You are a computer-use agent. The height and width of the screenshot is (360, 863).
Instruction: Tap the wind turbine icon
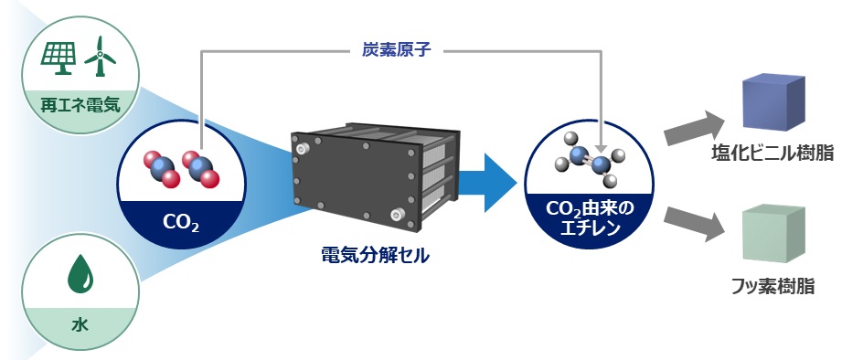pyautogui.click(x=99, y=56)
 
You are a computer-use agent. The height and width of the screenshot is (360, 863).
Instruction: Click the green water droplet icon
pyautogui.click(x=80, y=272)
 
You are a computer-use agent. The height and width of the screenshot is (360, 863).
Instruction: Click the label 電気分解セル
pyautogui.click(x=376, y=256)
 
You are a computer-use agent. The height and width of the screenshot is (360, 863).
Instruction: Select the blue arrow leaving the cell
pyautogui.click(x=487, y=182)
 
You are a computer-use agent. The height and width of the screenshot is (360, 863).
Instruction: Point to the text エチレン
pyautogui.click(x=590, y=228)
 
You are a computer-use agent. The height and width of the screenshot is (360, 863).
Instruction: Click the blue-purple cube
pyautogui.click(x=773, y=103)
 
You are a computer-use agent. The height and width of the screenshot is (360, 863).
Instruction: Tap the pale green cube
pyautogui.click(x=773, y=234)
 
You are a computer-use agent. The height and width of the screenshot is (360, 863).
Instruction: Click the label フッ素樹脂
pyautogui.click(x=772, y=286)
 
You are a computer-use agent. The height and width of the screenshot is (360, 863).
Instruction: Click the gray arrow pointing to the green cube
pyautogui.click(x=694, y=223)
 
